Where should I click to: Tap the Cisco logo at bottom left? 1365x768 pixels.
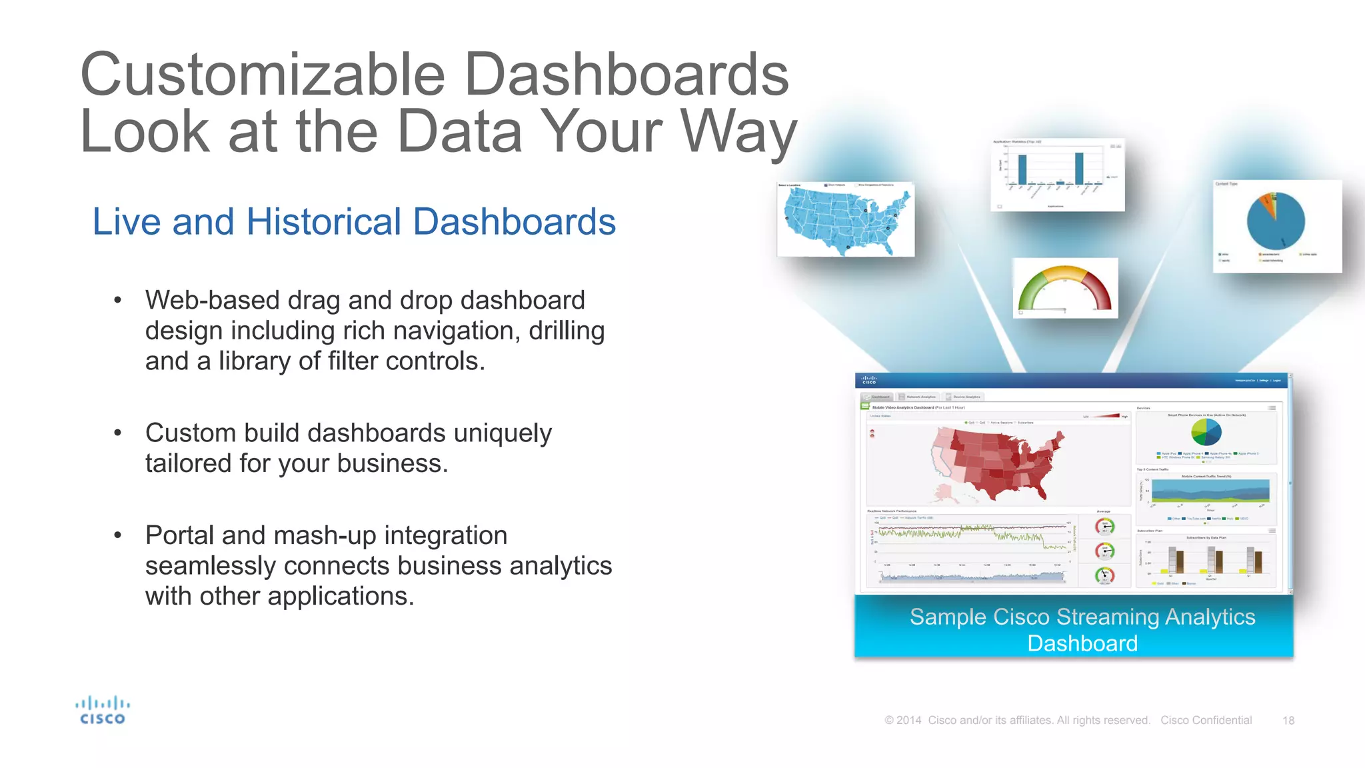pyautogui.click(x=102, y=711)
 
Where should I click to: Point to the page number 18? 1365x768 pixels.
pyautogui.click(x=1288, y=721)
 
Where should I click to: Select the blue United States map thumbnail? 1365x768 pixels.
pyautogui.click(x=845, y=220)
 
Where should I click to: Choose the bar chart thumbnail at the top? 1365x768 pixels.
pyautogui.click(x=1057, y=175)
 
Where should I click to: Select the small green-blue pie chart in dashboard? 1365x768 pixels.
pyautogui.click(x=1206, y=432)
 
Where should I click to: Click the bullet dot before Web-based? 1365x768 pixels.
pyautogui.click(x=118, y=301)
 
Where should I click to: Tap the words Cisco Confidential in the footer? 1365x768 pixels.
pyautogui.click(x=1206, y=721)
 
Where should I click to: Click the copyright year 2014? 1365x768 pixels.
pyautogui.click(x=908, y=721)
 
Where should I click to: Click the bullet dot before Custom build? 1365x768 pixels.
pyautogui.click(x=118, y=433)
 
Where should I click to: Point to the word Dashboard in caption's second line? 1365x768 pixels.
pyautogui.click(x=1082, y=643)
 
